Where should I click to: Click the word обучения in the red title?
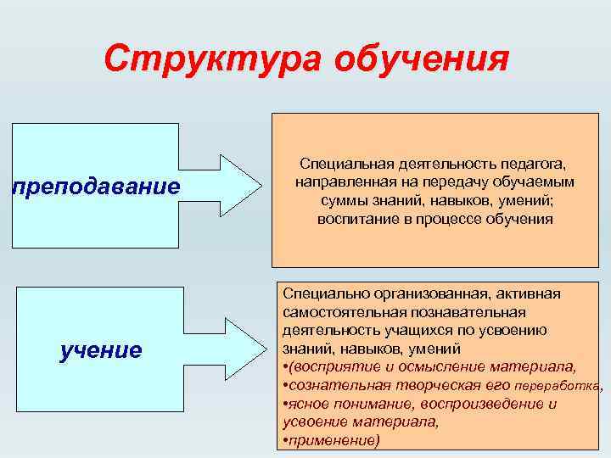[x=422, y=61]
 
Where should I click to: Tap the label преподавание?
[x=96, y=186]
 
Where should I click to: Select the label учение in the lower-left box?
[x=101, y=350]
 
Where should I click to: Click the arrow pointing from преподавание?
[x=228, y=186]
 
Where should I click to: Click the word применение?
[x=332, y=441]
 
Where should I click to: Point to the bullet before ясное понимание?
[x=284, y=405]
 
